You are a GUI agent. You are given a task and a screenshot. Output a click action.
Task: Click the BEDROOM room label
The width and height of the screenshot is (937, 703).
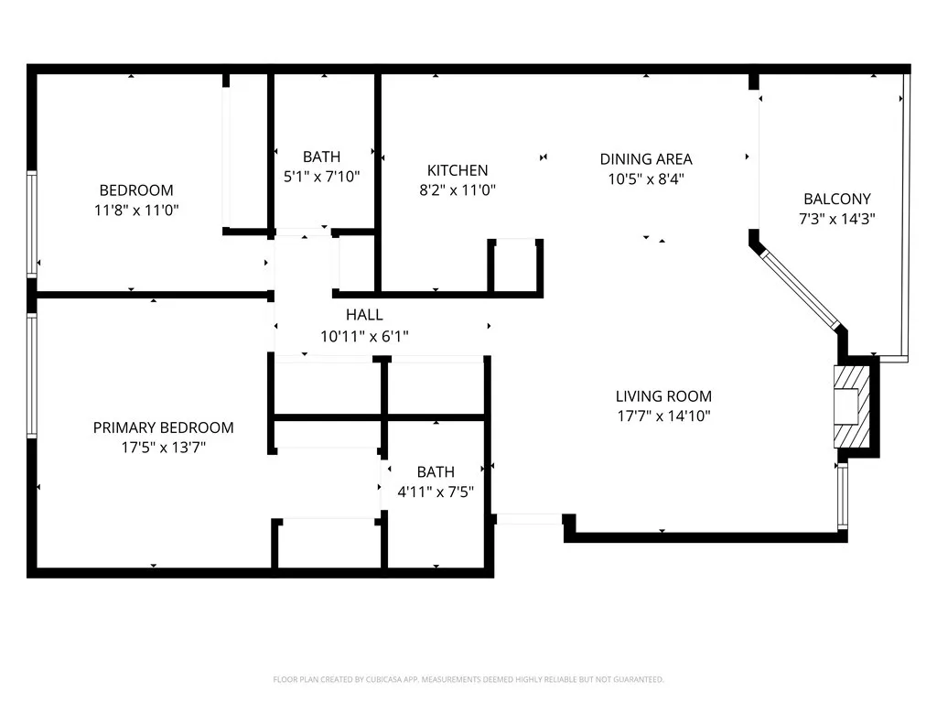point(136,190)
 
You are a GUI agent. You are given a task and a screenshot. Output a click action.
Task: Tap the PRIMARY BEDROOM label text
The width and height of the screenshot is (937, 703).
point(163,427)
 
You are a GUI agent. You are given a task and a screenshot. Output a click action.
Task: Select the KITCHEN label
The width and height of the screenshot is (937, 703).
point(458,170)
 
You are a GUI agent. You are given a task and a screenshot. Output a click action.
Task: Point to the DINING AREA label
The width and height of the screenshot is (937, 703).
point(646,159)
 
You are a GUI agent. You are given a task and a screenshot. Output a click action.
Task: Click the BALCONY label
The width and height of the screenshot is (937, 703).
point(836,199)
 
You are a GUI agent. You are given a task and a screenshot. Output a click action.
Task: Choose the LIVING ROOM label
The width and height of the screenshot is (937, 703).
point(663,395)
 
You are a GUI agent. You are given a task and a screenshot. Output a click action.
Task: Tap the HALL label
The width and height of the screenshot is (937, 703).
point(364,315)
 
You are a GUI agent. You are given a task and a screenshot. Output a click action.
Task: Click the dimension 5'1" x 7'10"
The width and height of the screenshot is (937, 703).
point(321,177)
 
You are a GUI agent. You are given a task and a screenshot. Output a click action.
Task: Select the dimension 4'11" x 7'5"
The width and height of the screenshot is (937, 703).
point(436,492)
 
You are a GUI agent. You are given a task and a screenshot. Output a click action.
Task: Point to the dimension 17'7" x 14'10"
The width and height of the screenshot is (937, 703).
point(663,416)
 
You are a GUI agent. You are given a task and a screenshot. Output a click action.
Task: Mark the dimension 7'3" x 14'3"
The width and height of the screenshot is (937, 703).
point(836,218)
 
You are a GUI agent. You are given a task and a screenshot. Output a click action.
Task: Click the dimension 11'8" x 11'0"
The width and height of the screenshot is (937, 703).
point(136,210)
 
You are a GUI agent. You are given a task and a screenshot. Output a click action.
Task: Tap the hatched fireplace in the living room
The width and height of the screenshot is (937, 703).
point(852,406)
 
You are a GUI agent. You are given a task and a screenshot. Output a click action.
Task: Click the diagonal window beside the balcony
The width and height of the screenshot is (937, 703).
point(800,289)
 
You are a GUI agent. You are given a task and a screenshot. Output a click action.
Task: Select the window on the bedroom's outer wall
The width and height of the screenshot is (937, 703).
point(32,224)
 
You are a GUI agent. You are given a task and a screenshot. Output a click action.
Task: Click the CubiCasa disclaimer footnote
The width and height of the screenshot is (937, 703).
point(468,679)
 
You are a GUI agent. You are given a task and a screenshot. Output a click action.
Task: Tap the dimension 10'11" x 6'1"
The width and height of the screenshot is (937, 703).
point(364,336)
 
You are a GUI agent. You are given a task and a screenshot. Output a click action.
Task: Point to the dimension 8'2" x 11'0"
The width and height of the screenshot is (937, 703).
point(458,190)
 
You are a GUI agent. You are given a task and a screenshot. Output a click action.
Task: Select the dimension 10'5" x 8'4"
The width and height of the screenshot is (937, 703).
point(646,178)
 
